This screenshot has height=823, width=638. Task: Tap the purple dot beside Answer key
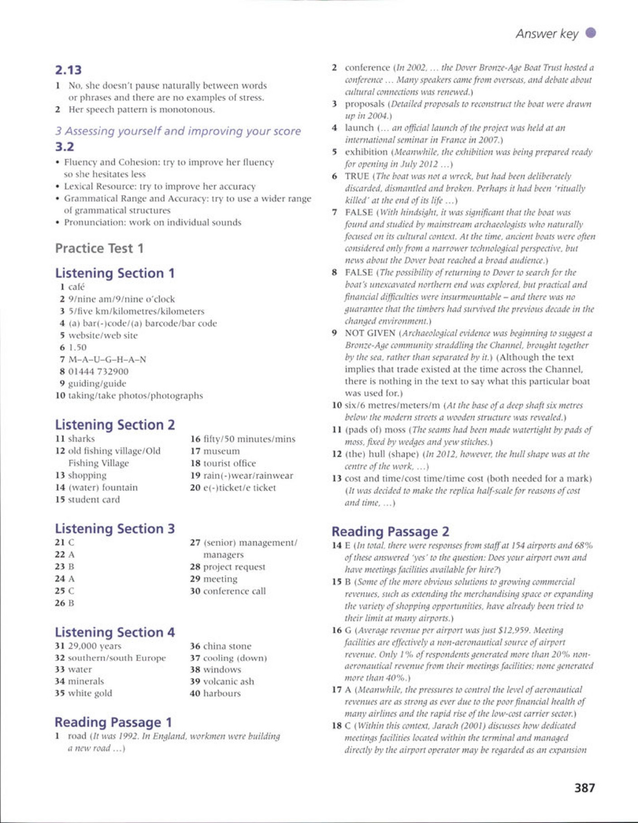(590, 33)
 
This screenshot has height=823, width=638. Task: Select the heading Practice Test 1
(99, 248)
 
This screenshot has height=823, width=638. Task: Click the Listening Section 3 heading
(115, 529)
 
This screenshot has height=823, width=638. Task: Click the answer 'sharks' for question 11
(82, 438)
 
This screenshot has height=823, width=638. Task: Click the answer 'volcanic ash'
(228, 681)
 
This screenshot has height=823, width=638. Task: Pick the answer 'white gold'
(90, 693)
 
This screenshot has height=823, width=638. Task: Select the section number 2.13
(68, 70)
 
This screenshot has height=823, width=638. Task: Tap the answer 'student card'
(94, 500)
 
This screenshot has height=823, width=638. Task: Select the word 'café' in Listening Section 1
(77, 287)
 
